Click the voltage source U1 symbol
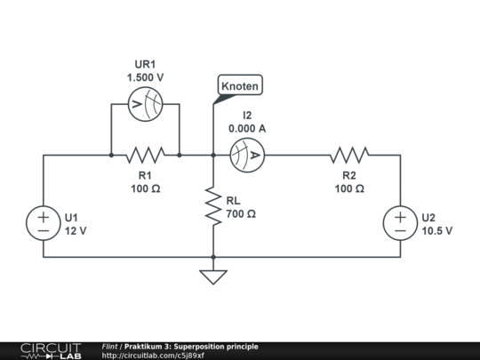pyautogui.click(x=43, y=223)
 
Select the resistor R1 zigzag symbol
pyautogui.click(x=145, y=155)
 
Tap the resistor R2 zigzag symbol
pyautogui.click(x=349, y=155)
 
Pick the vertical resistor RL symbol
pyautogui.click(x=213, y=205)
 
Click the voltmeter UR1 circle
pyautogui.click(x=145, y=104)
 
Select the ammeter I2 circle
pyautogui.click(x=246, y=155)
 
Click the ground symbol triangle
pyautogui.click(x=213, y=276)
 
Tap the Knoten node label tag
pyautogui.click(x=238, y=86)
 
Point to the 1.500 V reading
pyautogui.click(x=145, y=78)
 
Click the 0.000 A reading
pyautogui.click(x=246, y=129)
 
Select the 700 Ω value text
pyautogui.click(x=241, y=214)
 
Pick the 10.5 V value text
pyautogui.click(x=436, y=230)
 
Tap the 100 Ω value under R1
pyautogui.click(x=145, y=188)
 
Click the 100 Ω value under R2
pyautogui.click(x=349, y=188)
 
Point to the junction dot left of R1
pyautogui.click(x=111, y=155)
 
